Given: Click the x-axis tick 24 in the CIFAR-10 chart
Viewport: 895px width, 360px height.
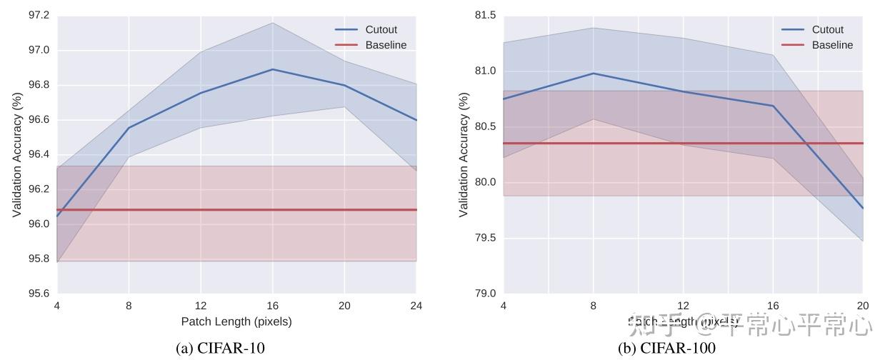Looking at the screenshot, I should click(x=416, y=306).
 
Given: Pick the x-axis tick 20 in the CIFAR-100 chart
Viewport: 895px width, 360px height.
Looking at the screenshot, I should click(x=863, y=306).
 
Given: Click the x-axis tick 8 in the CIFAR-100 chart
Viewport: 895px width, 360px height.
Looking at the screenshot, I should click(x=593, y=306).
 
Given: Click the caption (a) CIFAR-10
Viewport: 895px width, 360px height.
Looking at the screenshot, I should click(x=220, y=349).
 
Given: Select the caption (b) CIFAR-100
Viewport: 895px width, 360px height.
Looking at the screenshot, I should click(x=666, y=349).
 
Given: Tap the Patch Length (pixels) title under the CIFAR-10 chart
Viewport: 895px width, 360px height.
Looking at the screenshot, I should click(x=236, y=321).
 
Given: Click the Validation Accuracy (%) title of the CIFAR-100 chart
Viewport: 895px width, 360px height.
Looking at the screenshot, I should click(x=464, y=154).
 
